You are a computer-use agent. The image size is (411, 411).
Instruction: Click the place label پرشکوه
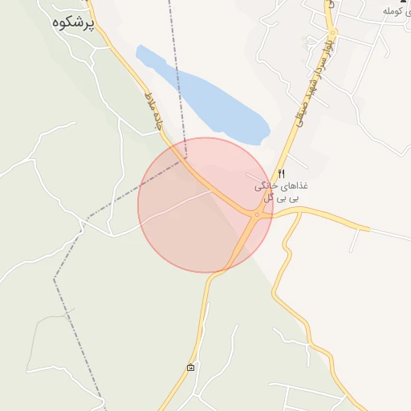click(72, 22)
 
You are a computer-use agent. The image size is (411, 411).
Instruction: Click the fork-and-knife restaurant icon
click(281, 173)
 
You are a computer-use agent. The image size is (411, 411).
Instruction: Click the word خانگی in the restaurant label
click(267, 185)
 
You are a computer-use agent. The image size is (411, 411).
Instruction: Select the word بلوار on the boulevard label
click(326, 40)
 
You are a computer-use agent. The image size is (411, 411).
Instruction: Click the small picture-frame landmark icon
click(190, 368)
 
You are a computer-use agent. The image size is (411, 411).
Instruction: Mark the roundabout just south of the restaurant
click(256, 214)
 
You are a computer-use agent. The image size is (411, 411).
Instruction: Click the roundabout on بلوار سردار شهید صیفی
click(332, 32)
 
